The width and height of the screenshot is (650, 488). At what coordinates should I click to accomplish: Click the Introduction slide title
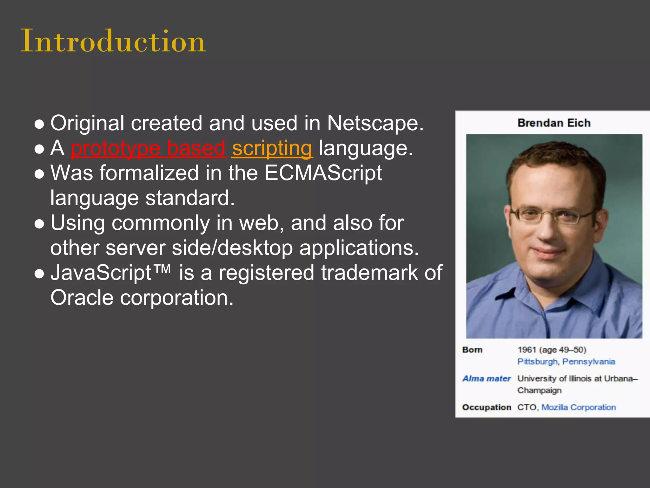click(113, 41)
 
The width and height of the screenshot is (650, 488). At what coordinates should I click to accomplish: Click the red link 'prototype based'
click(148, 148)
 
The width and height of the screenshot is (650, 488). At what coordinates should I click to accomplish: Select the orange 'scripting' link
click(272, 148)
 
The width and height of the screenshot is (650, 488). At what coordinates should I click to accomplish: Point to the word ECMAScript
click(323, 173)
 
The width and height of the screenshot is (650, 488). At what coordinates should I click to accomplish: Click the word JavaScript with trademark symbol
click(110, 273)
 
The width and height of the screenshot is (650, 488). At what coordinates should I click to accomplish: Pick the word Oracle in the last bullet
click(82, 298)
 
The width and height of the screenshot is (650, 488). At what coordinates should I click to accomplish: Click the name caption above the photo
click(554, 123)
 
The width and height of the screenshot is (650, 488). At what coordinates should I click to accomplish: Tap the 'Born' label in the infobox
click(472, 350)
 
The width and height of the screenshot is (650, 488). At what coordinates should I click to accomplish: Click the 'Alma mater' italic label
click(486, 379)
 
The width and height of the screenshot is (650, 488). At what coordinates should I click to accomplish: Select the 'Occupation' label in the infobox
click(486, 407)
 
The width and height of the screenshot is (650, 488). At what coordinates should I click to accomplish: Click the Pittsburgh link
click(537, 362)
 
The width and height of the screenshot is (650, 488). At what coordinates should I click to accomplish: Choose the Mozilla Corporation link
click(578, 407)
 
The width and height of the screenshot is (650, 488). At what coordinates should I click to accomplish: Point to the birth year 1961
click(527, 350)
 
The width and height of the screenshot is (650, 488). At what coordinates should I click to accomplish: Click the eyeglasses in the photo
click(552, 216)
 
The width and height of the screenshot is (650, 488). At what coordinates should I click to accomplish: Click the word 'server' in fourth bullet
click(136, 248)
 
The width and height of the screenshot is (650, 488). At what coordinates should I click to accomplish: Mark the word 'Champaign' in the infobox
click(539, 390)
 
